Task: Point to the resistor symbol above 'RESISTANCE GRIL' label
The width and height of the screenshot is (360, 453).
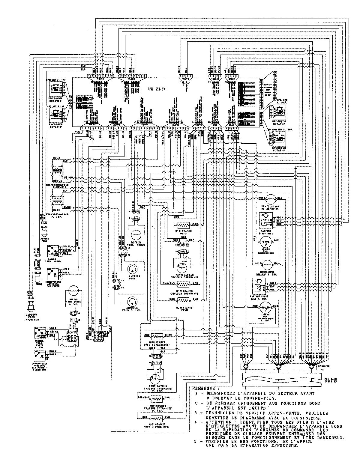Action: coord(183,225)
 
